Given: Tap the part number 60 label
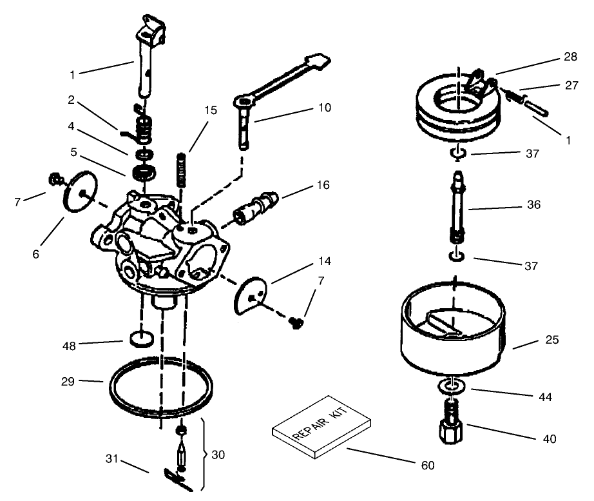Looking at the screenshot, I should (x=427, y=465).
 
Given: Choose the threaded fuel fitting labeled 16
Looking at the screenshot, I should (x=255, y=207).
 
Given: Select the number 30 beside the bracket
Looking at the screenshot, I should (x=220, y=455).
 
